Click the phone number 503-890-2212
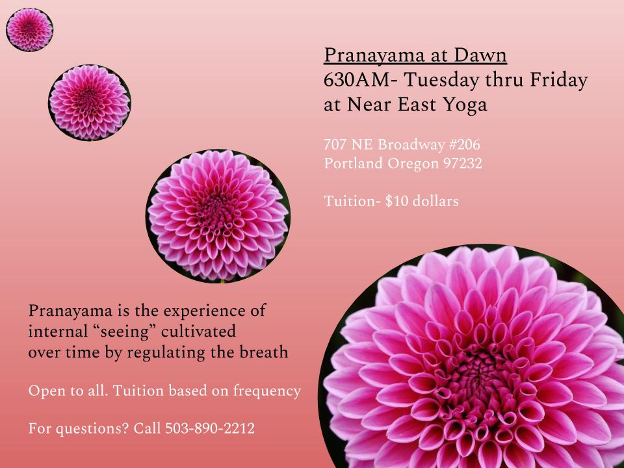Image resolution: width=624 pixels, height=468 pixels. (210, 428)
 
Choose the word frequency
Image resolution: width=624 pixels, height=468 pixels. (266, 391)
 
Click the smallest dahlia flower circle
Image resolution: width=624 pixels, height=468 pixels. (29, 29)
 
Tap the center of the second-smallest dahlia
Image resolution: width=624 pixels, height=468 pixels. (90, 102)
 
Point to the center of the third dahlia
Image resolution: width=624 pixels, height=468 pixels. (218, 216)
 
